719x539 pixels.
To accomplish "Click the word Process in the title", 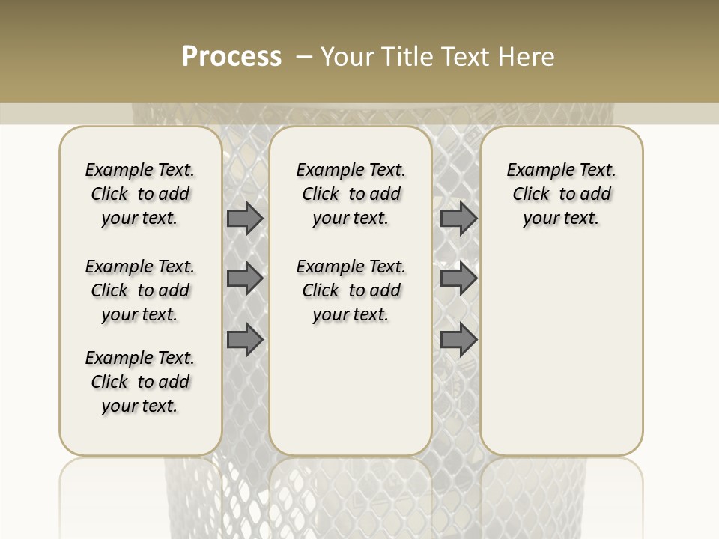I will (x=231, y=57).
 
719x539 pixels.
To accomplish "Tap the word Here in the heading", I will (x=528, y=57).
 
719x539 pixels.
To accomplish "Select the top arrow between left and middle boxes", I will (x=245, y=219).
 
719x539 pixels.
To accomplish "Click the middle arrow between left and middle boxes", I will (x=245, y=278).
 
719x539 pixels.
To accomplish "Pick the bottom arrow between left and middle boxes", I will (x=245, y=339).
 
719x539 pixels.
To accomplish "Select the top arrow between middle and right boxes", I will (x=458, y=219).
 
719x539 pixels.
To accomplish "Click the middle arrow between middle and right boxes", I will (x=458, y=278).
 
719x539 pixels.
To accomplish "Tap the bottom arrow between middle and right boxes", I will (x=458, y=339).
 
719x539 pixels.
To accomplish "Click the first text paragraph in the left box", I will (x=140, y=194).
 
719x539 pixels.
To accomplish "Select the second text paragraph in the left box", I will (x=140, y=290).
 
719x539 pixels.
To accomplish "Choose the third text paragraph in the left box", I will (x=140, y=382).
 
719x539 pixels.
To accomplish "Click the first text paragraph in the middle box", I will (x=351, y=194).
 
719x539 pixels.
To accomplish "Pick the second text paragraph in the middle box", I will (x=351, y=290).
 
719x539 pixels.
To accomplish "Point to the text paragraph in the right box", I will (x=562, y=194).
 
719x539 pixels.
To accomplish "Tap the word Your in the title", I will (x=343, y=57).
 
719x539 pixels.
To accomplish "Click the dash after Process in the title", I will (x=304, y=57).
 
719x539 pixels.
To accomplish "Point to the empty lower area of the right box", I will (x=562, y=352).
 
